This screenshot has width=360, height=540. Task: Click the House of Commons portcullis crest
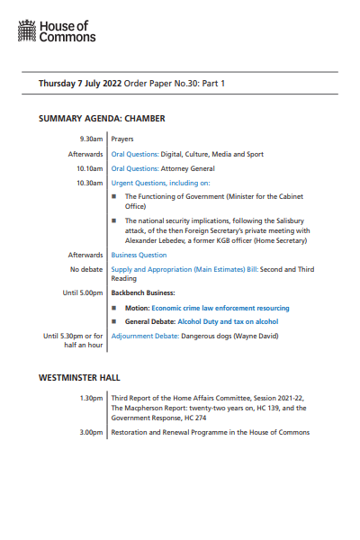click(x=27, y=33)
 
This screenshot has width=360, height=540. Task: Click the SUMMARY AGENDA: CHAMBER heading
click(x=102, y=118)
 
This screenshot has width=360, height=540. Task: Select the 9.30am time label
click(x=90, y=139)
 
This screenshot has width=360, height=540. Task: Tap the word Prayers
click(x=123, y=139)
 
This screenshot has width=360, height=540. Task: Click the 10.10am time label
click(x=89, y=168)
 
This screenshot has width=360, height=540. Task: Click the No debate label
click(x=86, y=269)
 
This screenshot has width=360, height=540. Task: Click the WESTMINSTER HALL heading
click(x=79, y=377)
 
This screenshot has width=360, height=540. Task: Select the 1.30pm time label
click(x=91, y=397)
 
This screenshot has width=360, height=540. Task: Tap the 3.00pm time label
click(x=91, y=432)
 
